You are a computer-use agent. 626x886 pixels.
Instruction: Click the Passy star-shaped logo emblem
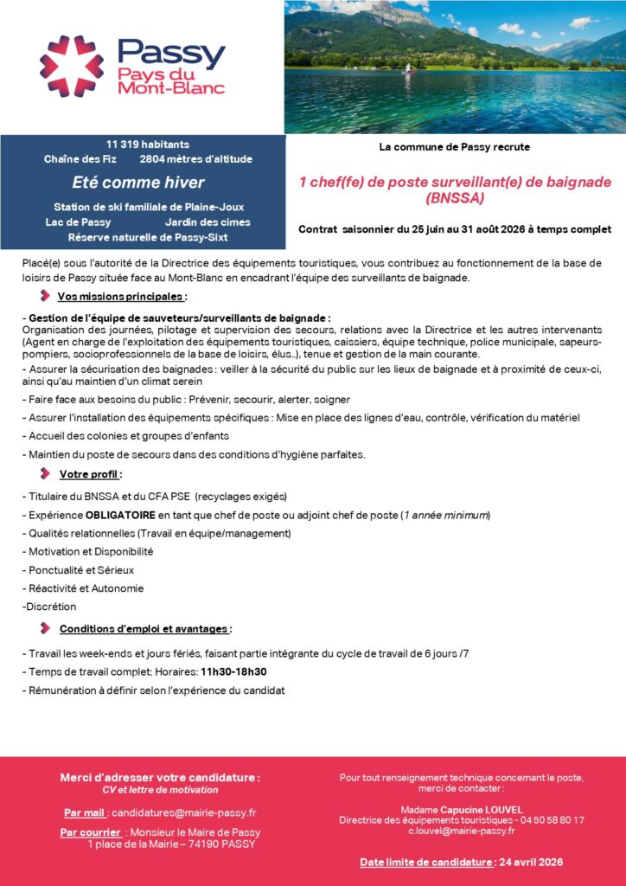point(71,65)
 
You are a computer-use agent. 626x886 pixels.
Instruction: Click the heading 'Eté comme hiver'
point(138,183)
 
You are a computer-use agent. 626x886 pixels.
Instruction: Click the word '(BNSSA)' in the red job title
point(455,198)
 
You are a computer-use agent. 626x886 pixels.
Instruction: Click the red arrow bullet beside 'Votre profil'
point(45,473)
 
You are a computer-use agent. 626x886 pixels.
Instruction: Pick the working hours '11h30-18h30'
point(233,671)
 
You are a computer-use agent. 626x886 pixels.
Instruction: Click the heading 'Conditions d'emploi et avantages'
point(144,628)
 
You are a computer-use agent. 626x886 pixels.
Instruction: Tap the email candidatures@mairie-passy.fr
point(183,813)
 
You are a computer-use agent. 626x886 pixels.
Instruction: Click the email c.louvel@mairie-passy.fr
point(462,831)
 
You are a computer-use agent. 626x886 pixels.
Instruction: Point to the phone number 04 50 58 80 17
point(549,819)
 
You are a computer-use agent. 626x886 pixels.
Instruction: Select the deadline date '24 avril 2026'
point(530,862)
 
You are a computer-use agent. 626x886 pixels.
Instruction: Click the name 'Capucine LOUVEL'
point(481,809)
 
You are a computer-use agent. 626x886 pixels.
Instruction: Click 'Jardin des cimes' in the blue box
point(208,222)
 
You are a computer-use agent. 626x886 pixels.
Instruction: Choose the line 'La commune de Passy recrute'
point(455,147)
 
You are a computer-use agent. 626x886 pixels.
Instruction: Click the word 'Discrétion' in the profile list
point(51,607)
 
